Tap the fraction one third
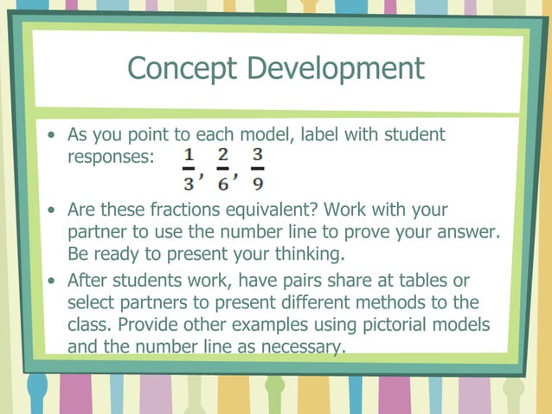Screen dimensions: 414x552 (188, 168)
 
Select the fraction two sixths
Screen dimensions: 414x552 (223, 168)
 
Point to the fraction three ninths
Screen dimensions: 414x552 (257, 168)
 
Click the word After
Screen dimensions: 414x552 (90, 280)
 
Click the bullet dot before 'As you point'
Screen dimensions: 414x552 (54, 136)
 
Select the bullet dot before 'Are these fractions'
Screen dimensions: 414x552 (54, 211)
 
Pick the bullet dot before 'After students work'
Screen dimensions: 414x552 (54, 281)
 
